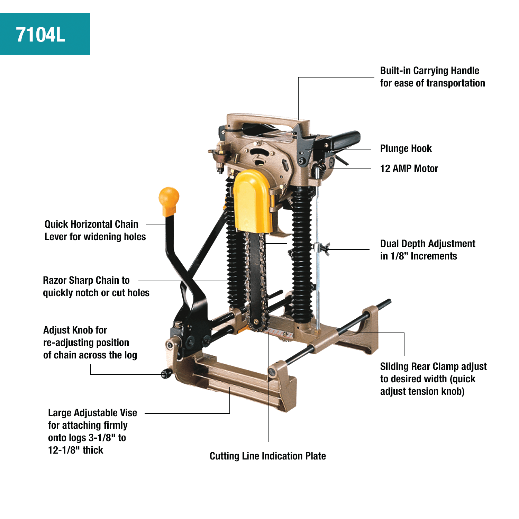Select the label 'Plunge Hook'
point(406,149)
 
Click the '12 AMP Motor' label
point(409,169)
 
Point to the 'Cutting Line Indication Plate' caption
point(267,456)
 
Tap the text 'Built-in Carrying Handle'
point(429,71)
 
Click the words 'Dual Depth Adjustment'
point(428,244)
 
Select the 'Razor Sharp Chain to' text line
point(86,280)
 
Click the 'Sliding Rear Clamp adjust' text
point(433,366)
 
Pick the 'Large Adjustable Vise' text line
point(92,413)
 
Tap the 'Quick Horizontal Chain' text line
point(91,224)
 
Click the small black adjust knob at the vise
point(166,373)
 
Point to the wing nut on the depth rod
point(324,248)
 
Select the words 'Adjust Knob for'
point(75,330)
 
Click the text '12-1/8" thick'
point(75,450)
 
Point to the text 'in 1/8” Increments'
point(418,256)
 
